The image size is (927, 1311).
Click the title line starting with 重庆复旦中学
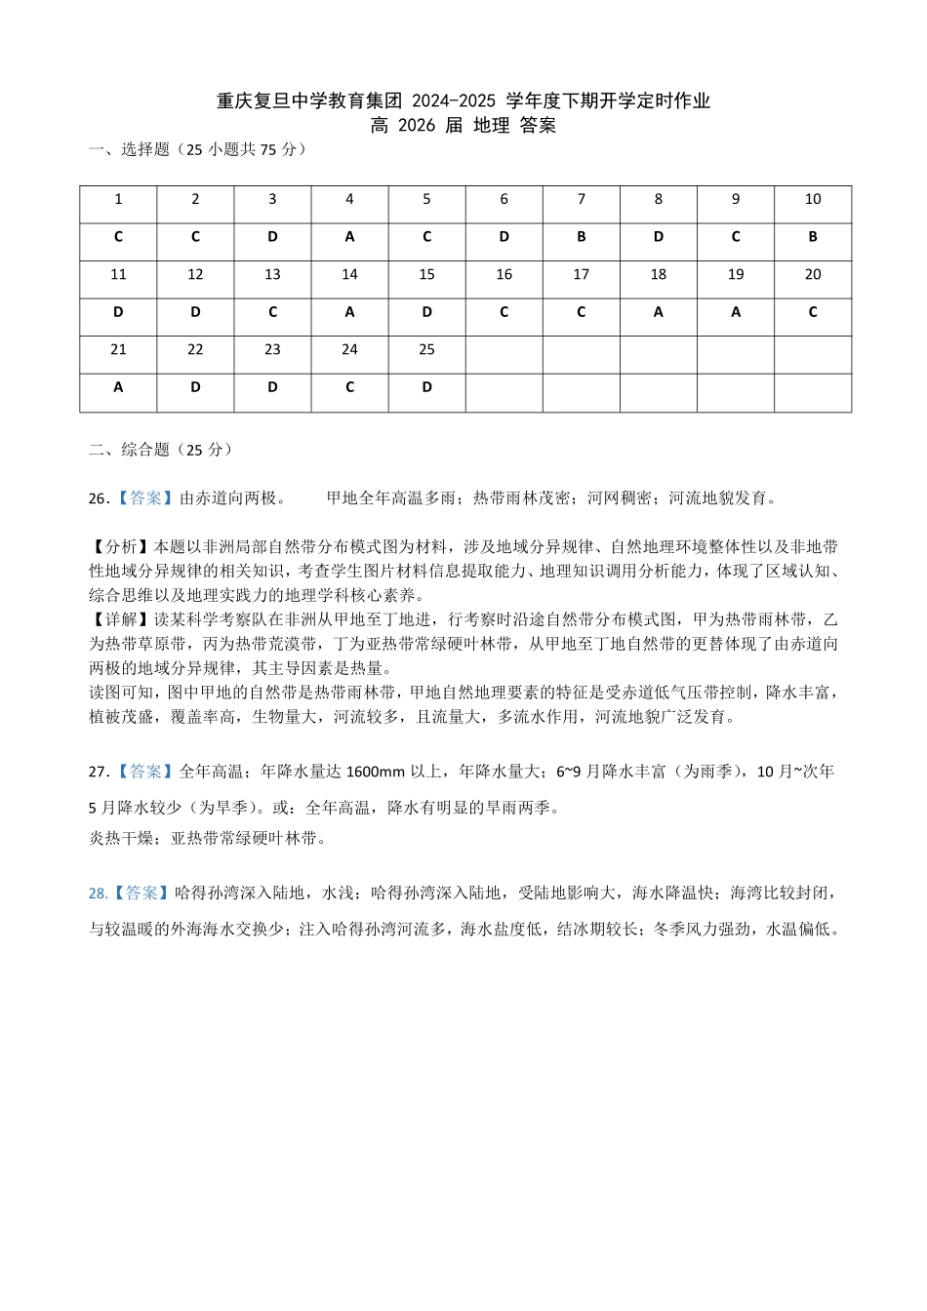[x=463, y=100]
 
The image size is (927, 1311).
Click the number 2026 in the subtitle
[x=417, y=125]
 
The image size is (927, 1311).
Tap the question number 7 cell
[x=582, y=199]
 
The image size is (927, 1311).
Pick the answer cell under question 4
[x=349, y=237]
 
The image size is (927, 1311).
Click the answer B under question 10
[x=813, y=237]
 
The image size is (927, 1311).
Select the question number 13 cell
[x=272, y=275]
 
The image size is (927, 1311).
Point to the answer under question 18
[x=659, y=313]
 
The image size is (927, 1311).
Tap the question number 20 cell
[x=813, y=275]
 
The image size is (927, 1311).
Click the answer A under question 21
[x=118, y=387]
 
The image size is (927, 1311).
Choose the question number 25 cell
[x=426, y=350]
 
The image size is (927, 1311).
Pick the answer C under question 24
[x=349, y=387]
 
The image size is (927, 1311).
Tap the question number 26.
[x=99, y=498]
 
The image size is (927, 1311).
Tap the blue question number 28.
[x=98, y=894]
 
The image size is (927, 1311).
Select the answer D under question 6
[x=504, y=237]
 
